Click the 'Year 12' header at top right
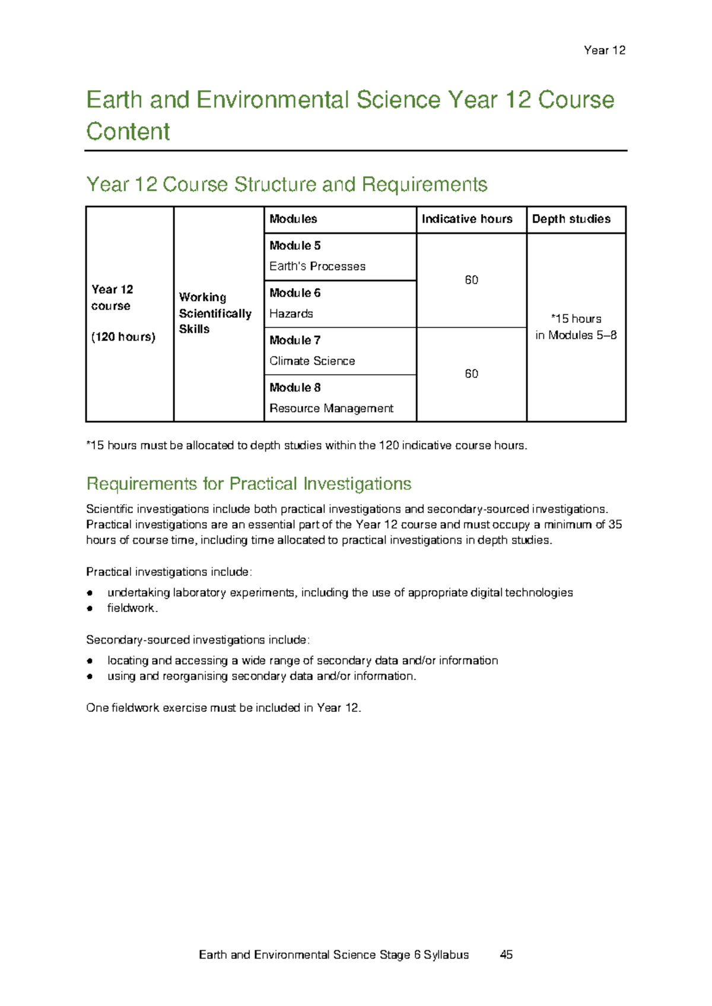604,50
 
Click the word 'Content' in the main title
128,132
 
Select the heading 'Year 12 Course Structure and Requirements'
287,184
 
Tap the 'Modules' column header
293,219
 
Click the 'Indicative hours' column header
467,219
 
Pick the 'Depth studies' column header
571,219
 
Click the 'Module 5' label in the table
295,246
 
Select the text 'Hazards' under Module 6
291,314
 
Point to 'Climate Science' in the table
312,361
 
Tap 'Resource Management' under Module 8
331,409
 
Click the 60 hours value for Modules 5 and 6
471,280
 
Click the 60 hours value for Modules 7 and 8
471,374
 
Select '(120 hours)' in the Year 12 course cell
123,337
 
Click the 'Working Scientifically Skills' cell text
215,313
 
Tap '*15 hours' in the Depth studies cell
576,319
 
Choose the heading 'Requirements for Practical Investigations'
249,484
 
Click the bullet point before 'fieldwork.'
90,609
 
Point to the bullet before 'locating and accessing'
90,661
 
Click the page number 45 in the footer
506,954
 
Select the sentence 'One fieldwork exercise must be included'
223,708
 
